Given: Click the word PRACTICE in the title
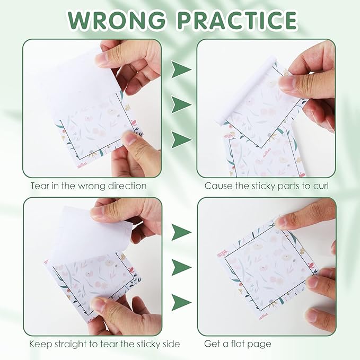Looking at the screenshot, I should tap(237, 20).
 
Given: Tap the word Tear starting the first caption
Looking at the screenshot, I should tap(40, 186).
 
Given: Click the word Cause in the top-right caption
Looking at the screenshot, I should tap(217, 186).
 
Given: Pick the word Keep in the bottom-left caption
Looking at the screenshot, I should tap(40, 344).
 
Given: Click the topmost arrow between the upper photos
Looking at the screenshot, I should tap(181, 69).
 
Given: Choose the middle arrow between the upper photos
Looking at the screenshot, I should tap(181, 104).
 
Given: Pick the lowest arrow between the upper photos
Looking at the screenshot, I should tap(181, 139).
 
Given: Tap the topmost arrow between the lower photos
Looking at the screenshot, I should tap(181, 232).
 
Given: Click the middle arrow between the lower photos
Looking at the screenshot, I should tap(181, 267).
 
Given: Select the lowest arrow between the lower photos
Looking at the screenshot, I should tap(181, 302).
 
